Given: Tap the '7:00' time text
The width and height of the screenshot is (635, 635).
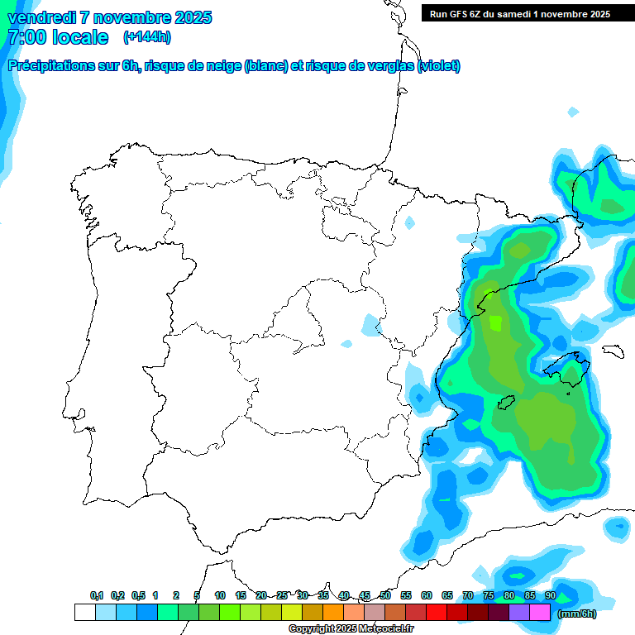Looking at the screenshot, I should (26, 37).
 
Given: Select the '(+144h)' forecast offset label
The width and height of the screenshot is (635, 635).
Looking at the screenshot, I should (146, 37).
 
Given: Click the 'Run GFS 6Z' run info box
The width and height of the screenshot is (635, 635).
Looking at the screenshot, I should (516, 13).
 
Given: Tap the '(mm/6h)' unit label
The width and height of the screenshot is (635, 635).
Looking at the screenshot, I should (576, 613).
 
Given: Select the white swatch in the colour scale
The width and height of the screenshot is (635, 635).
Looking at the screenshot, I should (84, 613).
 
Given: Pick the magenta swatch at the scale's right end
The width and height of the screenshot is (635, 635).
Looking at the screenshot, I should (540, 613).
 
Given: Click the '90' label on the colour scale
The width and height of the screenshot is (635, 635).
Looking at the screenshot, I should (550, 595).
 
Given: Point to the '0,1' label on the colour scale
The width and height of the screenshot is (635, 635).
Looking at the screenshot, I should (97, 595).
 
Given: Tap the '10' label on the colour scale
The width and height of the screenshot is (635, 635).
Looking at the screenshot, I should (220, 595).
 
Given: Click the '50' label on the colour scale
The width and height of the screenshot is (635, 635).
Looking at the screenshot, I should (385, 595).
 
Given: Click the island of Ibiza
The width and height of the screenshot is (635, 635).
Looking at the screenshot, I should (506, 403).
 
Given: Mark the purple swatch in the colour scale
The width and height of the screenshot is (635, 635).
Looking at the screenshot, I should (519, 613).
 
